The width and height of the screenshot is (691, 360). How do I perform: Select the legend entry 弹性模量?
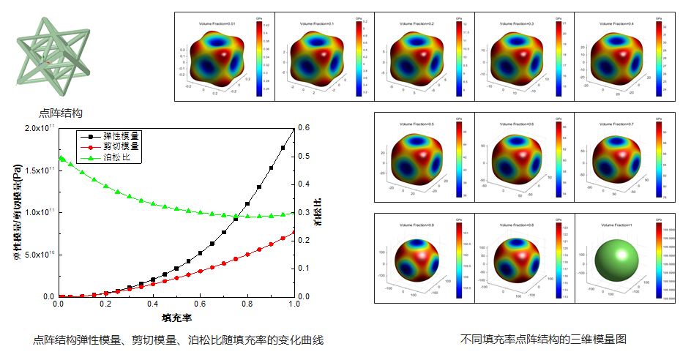(122, 136)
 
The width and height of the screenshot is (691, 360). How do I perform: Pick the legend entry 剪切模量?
(122, 146)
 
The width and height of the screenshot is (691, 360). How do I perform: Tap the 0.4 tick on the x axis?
(152, 304)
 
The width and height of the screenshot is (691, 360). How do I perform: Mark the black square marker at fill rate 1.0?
(294, 129)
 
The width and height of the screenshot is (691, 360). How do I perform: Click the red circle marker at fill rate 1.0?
(294, 233)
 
